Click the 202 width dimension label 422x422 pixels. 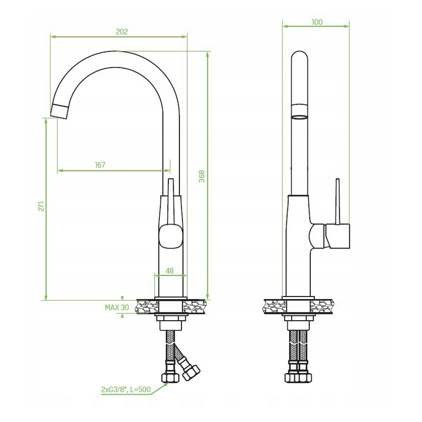click(122, 32)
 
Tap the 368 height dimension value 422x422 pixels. click(202, 176)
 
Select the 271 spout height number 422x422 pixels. click(41, 206)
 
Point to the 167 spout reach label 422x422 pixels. click(100, 165)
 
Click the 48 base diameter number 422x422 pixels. click(169, 271)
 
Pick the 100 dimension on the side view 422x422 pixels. click(317, 22)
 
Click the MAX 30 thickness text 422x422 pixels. click(117, 308)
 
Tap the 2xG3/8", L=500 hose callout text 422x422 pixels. click(126, 389)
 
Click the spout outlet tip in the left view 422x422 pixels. click(59, 112)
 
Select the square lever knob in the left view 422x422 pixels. click(171, 236)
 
